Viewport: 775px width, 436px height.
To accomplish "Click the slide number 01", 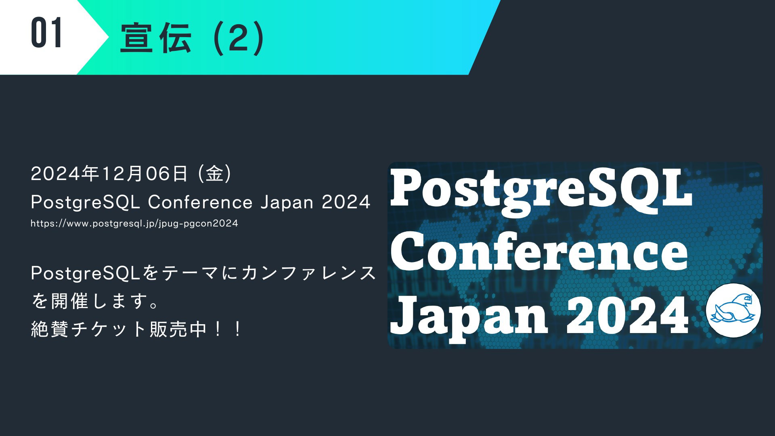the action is coord(46,33).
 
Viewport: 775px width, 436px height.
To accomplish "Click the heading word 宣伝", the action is coord(156,38).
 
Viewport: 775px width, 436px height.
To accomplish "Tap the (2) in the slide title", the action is coord(239,38).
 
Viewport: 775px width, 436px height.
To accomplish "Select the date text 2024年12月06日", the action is coord(109,174).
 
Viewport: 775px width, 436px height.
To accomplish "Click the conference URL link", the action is coord(134,223).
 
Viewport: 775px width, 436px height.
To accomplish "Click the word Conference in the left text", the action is coord(200,202).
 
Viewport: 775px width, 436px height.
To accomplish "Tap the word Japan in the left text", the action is coord(287,202).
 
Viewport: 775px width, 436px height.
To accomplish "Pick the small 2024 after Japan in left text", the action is coord(346,202).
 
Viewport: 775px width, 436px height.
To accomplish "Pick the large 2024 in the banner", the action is coord(628,315).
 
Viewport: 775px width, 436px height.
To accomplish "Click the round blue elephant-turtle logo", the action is coord(733,310).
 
